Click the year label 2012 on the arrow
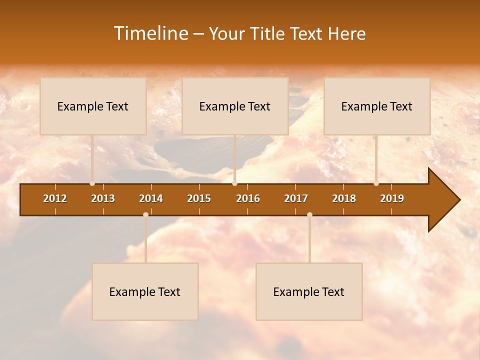click(55, 198)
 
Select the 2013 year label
click(103, 198)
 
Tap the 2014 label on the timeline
click(151, 198)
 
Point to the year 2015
click(199, 198)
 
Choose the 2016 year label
click(248, 198)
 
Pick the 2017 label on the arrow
click(296, 198)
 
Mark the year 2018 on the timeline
click(344, 198)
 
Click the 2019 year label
click(392, 198)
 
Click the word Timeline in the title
click(150, 33)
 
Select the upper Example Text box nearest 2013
click(93, 106)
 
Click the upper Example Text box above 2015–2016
click(235, 106)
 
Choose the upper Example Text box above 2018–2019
click(377, 106)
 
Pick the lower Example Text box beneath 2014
click(145, 291)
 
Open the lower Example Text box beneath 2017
click(309, 291)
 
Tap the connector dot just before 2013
click(92, 183)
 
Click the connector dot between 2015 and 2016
click(235, 183)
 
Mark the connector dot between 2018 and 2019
click(376, 183)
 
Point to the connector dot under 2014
click(145, 215)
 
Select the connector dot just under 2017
click(309, 215)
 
